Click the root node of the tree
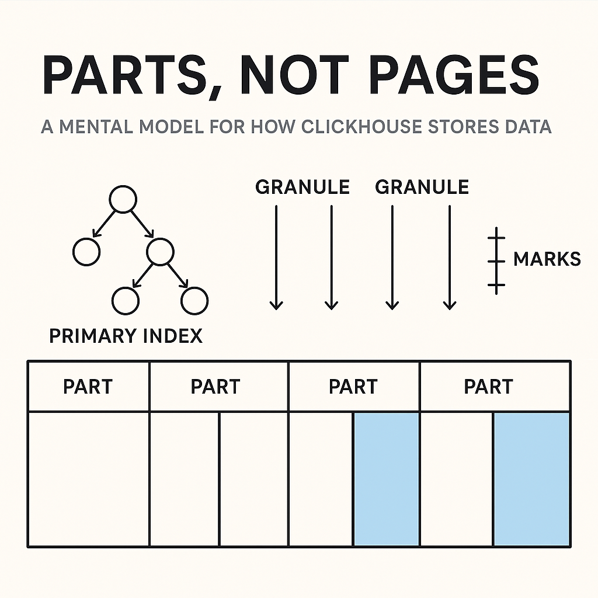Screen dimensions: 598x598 point(123,200)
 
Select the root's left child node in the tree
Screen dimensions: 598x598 point(86,252)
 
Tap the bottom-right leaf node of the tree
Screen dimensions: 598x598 point(194,301)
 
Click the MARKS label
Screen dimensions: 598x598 point(547,259)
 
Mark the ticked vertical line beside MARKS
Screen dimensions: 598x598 point(496,260)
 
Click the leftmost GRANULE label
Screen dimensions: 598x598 point(303,187)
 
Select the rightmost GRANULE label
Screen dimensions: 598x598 point(422,187)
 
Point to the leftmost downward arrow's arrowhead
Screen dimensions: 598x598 point(276,304)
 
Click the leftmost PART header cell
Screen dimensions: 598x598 point(88,387)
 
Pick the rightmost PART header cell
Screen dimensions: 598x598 point(488,387)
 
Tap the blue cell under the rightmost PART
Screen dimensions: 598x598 point(531,479)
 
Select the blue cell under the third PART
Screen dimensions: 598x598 point(386,479)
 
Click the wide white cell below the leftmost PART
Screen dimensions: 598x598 point(88,479)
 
